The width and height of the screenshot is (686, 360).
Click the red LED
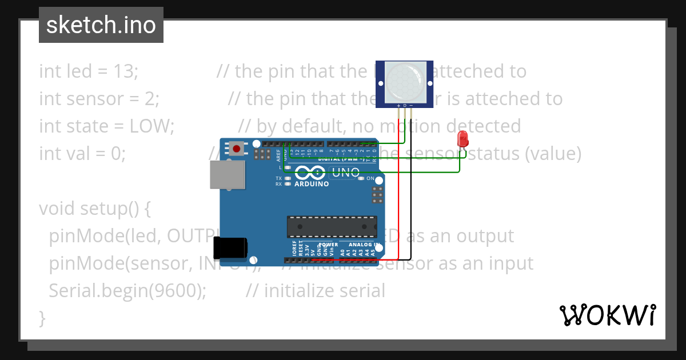point(462,139)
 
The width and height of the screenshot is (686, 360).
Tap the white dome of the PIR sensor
point(405,81)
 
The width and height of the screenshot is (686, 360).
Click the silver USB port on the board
point(228,174)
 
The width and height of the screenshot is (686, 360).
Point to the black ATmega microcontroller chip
point(332,227)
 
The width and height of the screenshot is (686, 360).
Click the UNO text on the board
point(345,173)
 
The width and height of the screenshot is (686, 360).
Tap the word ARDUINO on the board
point(311,185)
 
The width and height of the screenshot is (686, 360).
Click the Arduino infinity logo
point(311,173)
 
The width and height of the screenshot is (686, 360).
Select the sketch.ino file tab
point(101,25)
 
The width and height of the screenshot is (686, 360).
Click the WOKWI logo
point(608,315)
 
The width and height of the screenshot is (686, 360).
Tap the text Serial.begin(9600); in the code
point(127,291)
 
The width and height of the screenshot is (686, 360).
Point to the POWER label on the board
point(329,245)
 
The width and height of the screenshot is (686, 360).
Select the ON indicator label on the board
point(370,178)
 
